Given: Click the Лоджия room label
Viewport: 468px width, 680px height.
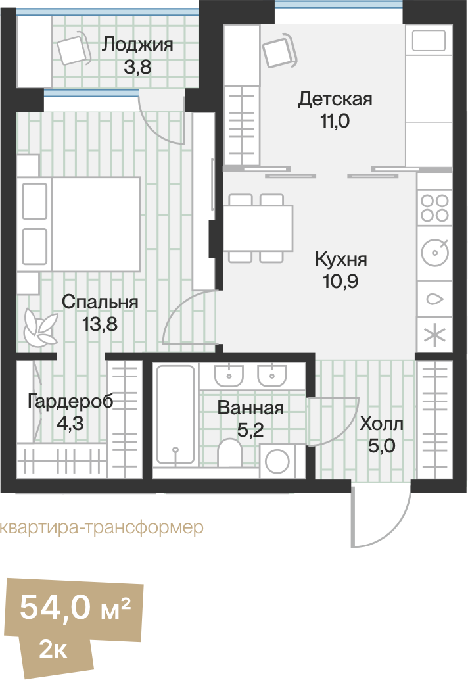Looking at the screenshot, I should pos(137,45).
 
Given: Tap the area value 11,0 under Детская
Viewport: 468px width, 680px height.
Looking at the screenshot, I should pos(335,120).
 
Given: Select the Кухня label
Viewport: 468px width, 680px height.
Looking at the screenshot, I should pos(340,258).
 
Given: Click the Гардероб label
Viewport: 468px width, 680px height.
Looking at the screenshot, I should pos(70,401).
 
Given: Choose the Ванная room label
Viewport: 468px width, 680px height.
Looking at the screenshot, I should pos(250,408).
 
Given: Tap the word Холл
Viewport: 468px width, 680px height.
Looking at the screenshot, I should pos(381,424).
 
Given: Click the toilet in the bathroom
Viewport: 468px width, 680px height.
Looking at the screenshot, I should pos(229,455).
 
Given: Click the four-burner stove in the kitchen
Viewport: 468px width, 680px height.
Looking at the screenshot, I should pos(434,207).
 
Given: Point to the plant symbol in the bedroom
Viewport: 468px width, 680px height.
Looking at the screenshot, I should pos(39,327).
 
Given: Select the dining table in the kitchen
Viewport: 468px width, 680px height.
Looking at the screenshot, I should pos(258,228).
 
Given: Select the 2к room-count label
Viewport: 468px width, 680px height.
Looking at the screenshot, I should pos(53,650).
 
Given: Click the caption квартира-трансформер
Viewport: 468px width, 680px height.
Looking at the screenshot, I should pos(99,528).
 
